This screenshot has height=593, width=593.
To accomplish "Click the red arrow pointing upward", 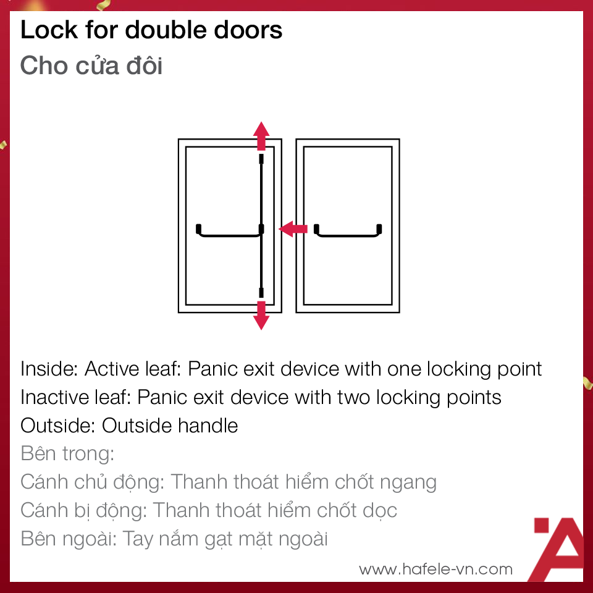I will tap(262, 135).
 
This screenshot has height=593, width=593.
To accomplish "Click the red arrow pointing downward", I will tap(262, 315).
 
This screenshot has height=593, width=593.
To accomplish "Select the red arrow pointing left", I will tap(293, 229).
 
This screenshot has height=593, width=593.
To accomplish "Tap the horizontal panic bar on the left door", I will tap(227, 233).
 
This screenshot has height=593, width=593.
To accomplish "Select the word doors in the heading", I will tap(250, 30).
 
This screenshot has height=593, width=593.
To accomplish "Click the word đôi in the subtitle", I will tap(144, 65).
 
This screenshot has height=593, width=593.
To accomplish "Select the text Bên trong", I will tap(67, 453).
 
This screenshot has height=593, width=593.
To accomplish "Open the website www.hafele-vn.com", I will tap(435, 569).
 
